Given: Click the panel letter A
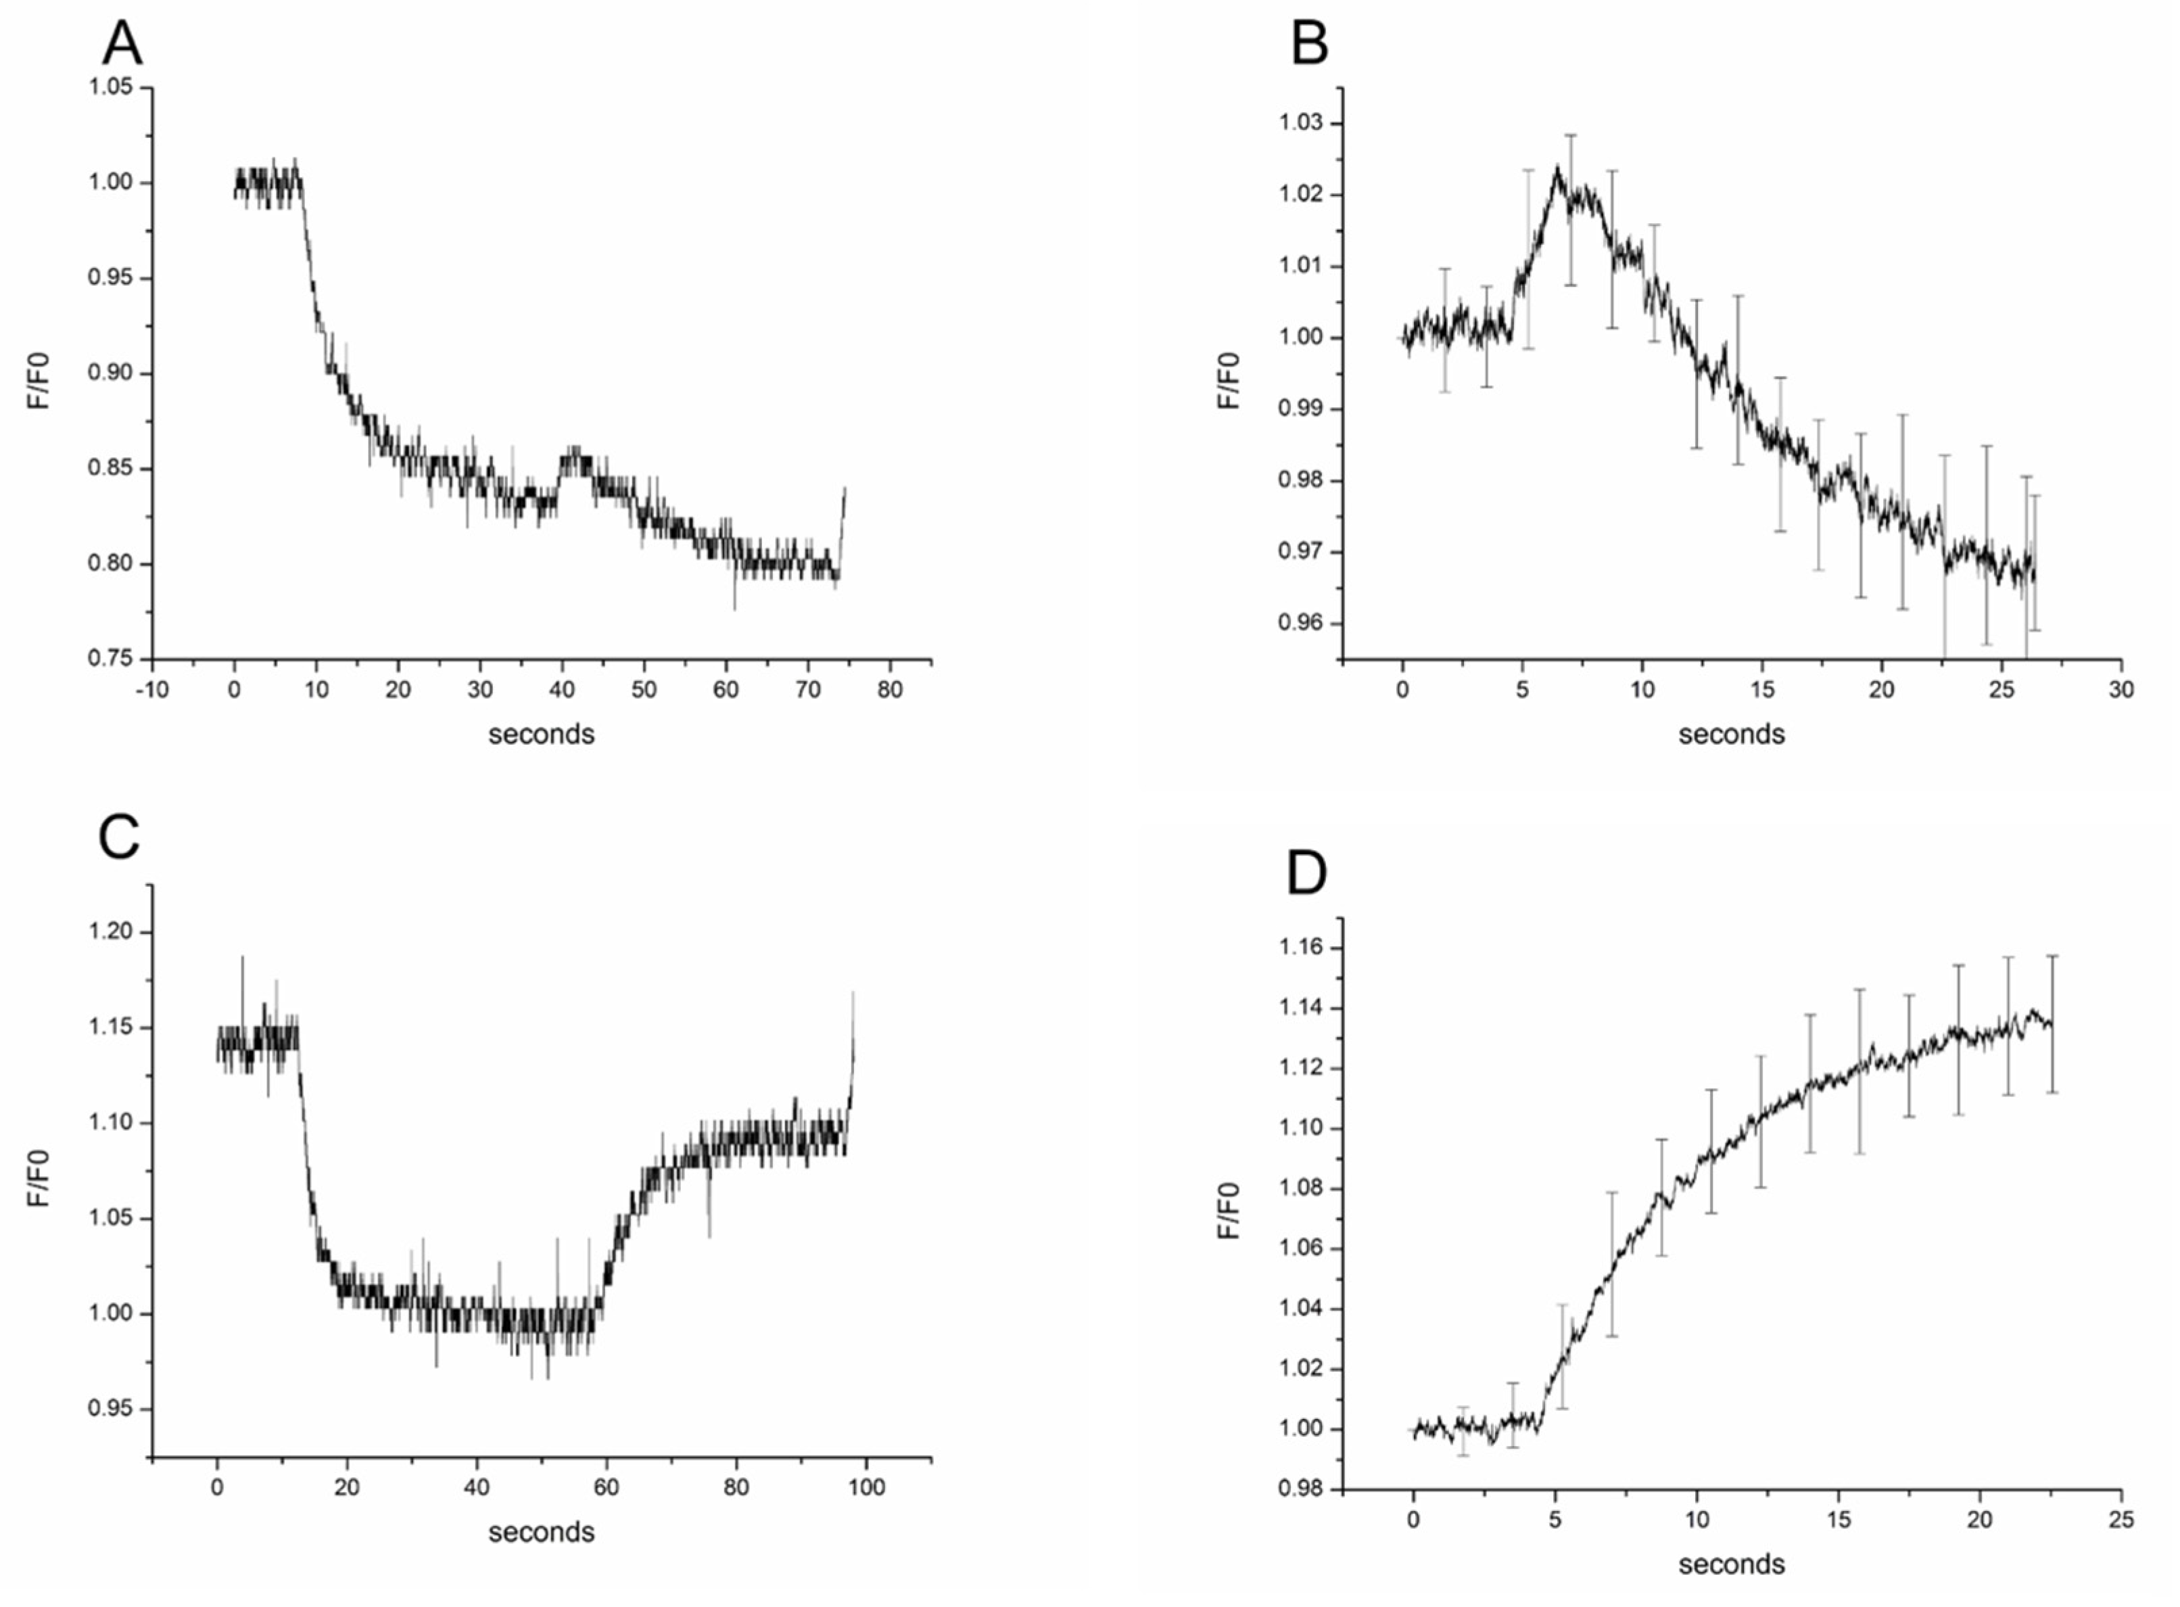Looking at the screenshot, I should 122,44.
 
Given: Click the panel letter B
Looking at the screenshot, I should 1309,44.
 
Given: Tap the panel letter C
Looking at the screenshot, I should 118,837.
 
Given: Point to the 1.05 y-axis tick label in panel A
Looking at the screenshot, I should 110,87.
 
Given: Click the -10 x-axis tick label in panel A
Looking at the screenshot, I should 151,690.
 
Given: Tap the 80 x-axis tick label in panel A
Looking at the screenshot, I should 888,690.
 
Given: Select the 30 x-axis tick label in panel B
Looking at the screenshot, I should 2120,690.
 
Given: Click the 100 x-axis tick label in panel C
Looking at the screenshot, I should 866,1487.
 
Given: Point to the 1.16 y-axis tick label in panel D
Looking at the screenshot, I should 1301,948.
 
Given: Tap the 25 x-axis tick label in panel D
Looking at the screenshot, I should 2120,1520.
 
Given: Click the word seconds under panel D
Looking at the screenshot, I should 1731,1564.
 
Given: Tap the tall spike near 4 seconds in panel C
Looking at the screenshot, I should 242,958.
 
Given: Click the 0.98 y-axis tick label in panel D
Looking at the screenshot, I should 1301,1489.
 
